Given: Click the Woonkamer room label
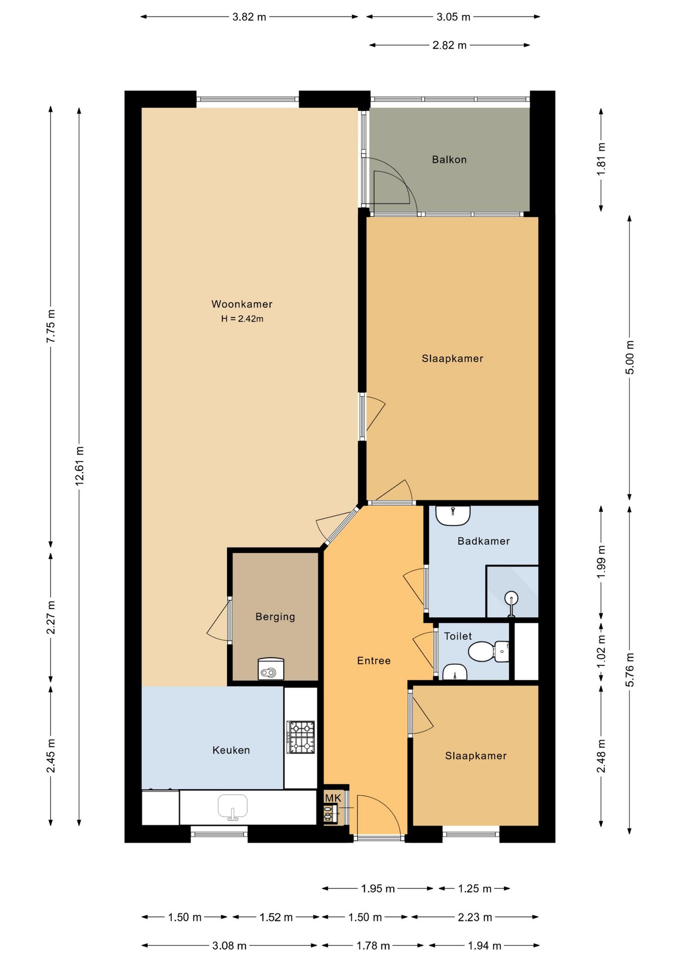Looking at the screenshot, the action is tap(242, 304).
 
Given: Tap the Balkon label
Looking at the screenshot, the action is tap(449, 160).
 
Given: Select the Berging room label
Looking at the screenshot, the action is tap(275, 617).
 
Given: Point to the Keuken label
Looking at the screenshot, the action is tap(231, 750).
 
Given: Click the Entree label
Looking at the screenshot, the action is tap(374, 661).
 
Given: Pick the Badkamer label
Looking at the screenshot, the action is tap(484, 541).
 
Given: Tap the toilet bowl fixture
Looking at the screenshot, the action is tap(488, 651).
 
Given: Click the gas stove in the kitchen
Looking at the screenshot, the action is tap(300, 737).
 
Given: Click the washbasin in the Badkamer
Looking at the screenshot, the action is tap(453, 516).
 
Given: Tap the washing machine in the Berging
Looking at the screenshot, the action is tap(271, 669).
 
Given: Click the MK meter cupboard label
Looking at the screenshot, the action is tap(333, 798).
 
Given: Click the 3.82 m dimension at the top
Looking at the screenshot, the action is tap(249, 17).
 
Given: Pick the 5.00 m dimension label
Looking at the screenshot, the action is tap(630, 357).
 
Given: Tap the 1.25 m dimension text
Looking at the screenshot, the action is tap(475, 889).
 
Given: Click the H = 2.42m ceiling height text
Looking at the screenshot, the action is tap(242, 319).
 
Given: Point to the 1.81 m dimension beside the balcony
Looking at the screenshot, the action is tap(601, 159).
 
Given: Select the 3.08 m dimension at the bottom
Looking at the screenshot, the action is tap(229, 946).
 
